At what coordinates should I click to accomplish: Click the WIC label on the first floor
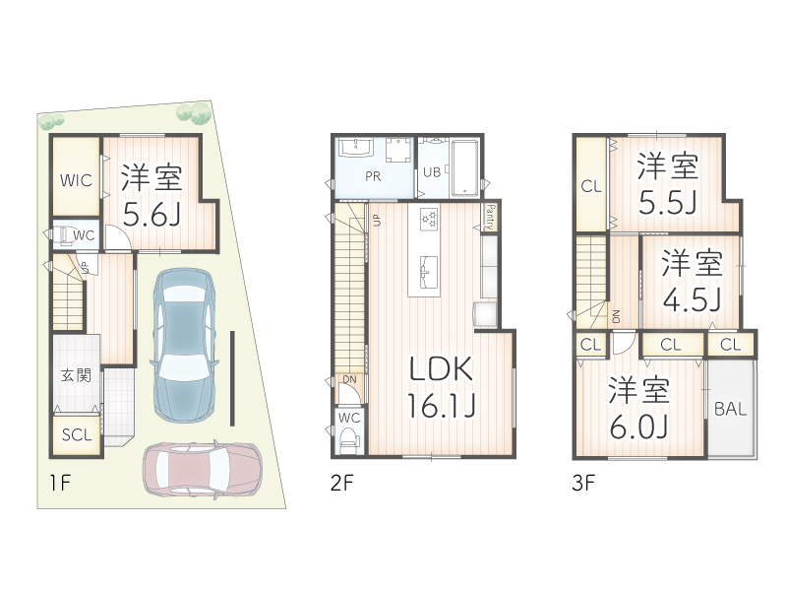75,180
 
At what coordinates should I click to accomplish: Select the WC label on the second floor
349,417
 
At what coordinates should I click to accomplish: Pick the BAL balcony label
730,409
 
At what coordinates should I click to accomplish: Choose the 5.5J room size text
666,202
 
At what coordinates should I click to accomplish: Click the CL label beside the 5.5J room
590,186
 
